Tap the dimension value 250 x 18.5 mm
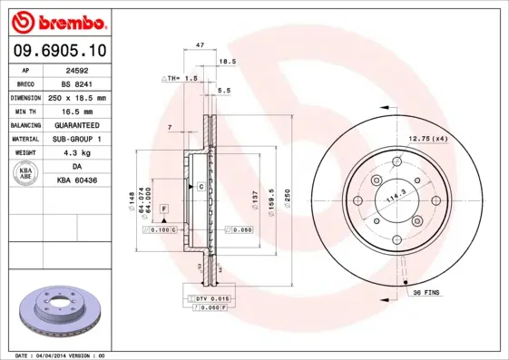pos(76,97)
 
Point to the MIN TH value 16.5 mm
pos(76,111)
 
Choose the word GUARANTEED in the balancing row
pos(76,124)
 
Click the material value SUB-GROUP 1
pos(76,139)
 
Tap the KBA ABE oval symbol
pos(26,173)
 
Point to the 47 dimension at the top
pos(200,44)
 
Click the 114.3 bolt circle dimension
pos(396,195)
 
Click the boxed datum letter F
pos(164,209)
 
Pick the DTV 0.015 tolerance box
pos(210,297)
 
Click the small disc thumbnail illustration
pos(54,310)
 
